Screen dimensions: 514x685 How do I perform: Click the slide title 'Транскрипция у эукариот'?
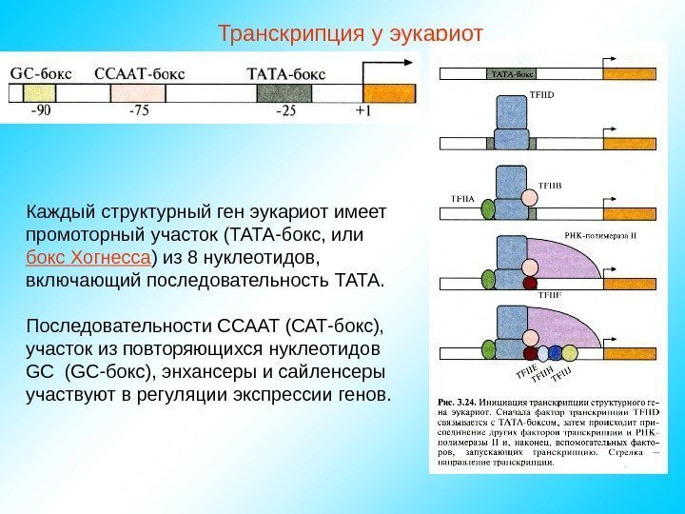(351, 35)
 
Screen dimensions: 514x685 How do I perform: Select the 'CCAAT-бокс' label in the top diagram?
(140, 71)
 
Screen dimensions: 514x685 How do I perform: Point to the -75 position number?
(140, 110)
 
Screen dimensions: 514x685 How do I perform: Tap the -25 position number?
(285, 110)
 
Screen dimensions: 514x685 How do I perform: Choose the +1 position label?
(364, 110)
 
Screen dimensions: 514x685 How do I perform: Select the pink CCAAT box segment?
(130, 92)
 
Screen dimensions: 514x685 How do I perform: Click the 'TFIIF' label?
(551, 296)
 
